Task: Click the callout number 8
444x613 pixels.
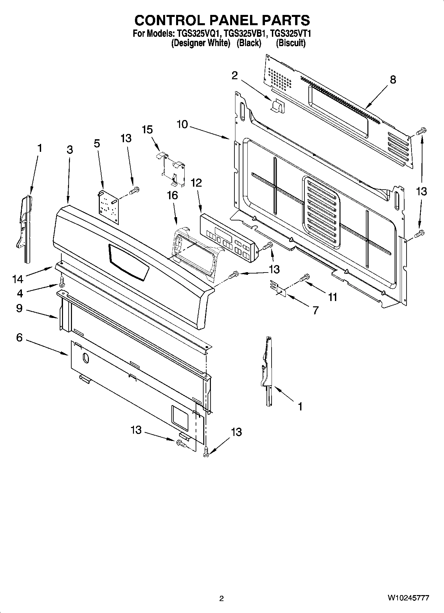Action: pyautogui.click(x=393, y=80)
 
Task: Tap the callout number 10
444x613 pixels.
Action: pyautogui.click(x=182, y=125)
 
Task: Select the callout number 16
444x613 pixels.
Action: pyautogui.click(x=172, y=196)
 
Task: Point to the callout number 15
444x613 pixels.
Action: pyautogui.click(x=147, y=130)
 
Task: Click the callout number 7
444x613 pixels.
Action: pyautogui.click(x=315, y=310)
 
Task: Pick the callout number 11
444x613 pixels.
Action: pyautogui.click(x=332, y=297)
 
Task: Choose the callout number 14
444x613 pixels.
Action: pyautogui.click(x=18, y=279)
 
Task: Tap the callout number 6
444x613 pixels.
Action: pyautogui.click(x=19, y=338)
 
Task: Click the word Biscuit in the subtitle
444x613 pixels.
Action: pyautogui.click(x=290, y=43)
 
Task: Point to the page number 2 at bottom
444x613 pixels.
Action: pyautogui.click(x=222, y=598)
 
